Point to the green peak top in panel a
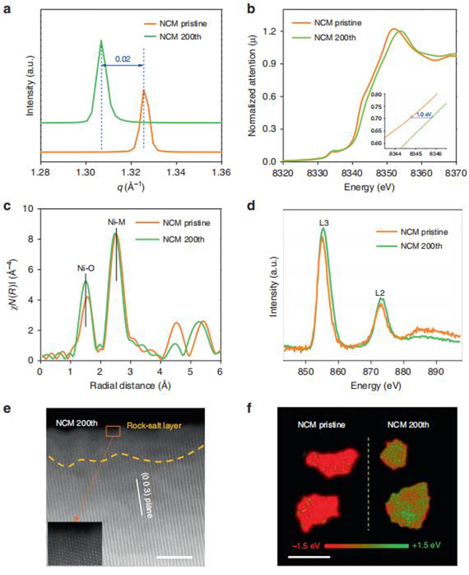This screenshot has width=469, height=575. pos(102,41)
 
